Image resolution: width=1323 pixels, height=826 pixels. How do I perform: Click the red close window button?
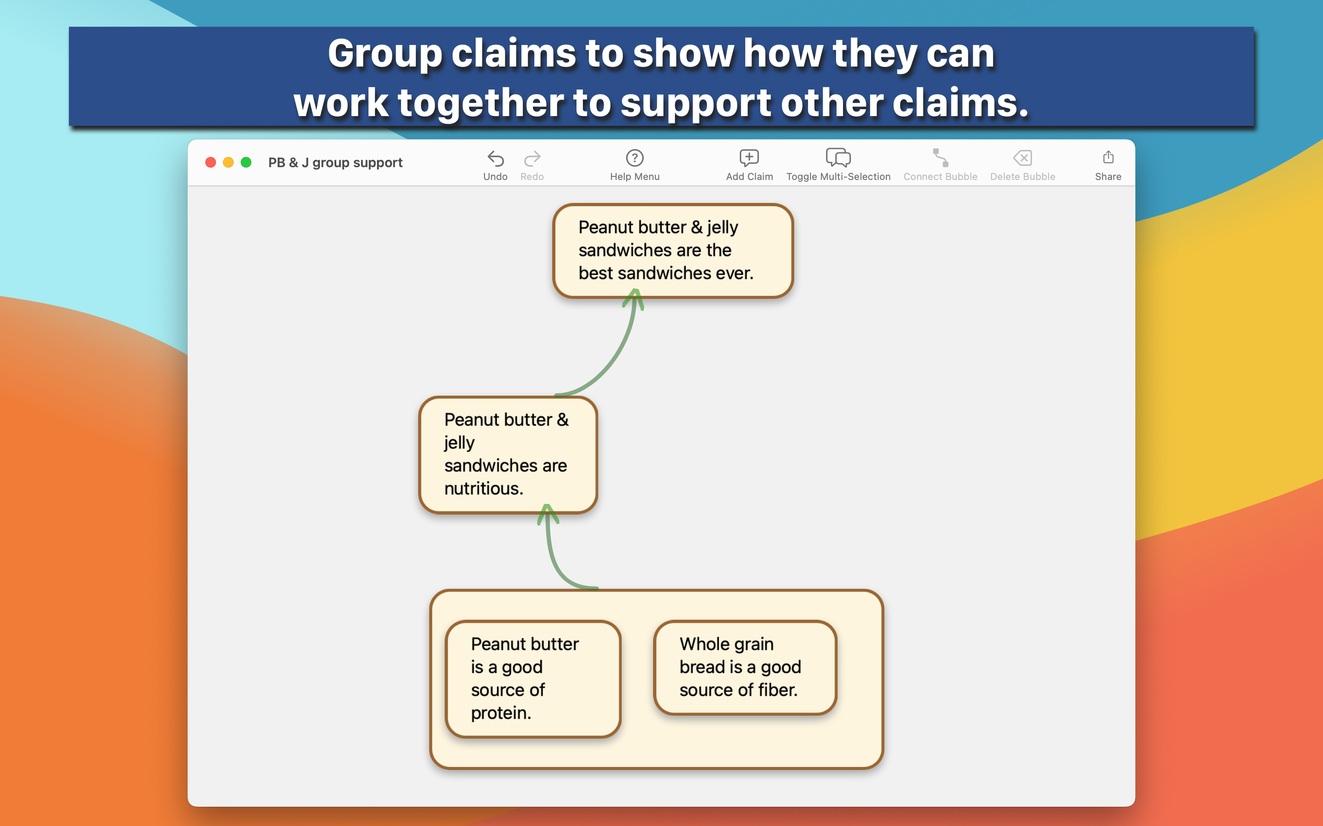point(210,162)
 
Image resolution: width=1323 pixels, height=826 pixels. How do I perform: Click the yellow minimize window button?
point(228,162)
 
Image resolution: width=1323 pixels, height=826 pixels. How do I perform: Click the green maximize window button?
point(246,162)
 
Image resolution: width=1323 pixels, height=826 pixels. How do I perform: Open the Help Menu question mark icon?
point(635,158)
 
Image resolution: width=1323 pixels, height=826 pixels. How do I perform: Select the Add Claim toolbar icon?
point(749,158)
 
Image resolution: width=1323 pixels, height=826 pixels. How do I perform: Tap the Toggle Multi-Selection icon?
point(838,158)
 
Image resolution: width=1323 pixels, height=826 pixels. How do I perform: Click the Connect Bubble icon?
point(940,158)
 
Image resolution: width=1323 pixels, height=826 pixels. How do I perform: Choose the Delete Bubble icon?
point(1022,158)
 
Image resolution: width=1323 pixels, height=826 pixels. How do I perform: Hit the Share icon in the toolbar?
point(1108,157)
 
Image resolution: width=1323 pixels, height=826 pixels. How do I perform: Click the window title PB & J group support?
point(335,163)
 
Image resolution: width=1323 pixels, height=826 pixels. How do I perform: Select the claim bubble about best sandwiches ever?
point(673,251)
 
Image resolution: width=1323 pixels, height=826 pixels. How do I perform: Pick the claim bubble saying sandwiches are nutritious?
point(508,454)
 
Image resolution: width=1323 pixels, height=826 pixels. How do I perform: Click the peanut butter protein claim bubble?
point(533,679)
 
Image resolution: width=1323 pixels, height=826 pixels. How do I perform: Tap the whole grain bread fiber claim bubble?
point(745,667)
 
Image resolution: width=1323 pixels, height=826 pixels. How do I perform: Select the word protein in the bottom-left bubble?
point(501,714)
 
